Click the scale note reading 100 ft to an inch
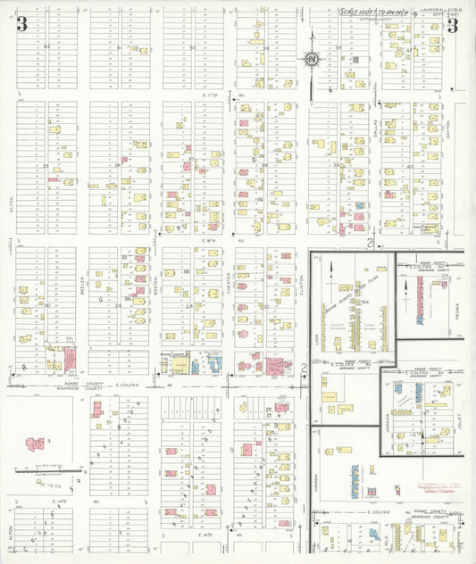click(x=373, y=12)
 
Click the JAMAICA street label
click(x=390, y=419)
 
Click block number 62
click(x=46, y=46)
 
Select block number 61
click(x=120, y=46)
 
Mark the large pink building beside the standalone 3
click(x=36, y=444)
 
